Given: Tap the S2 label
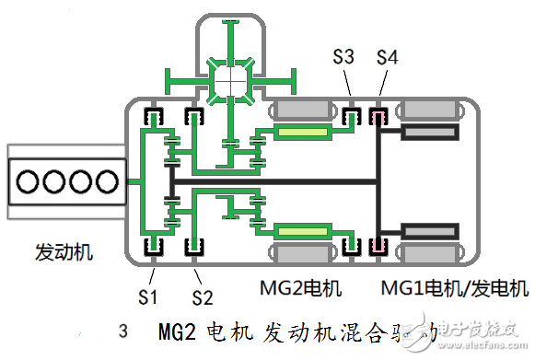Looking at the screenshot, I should [x=202, y=296].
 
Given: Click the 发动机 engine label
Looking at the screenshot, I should [x=64, y=250].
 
